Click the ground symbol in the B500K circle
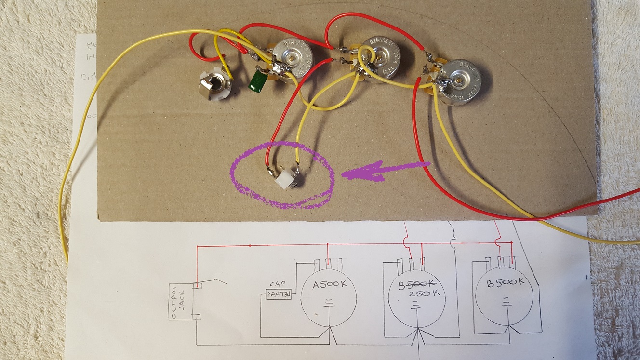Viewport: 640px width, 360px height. click(506, 302)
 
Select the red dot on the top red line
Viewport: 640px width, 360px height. click(250, 246)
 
